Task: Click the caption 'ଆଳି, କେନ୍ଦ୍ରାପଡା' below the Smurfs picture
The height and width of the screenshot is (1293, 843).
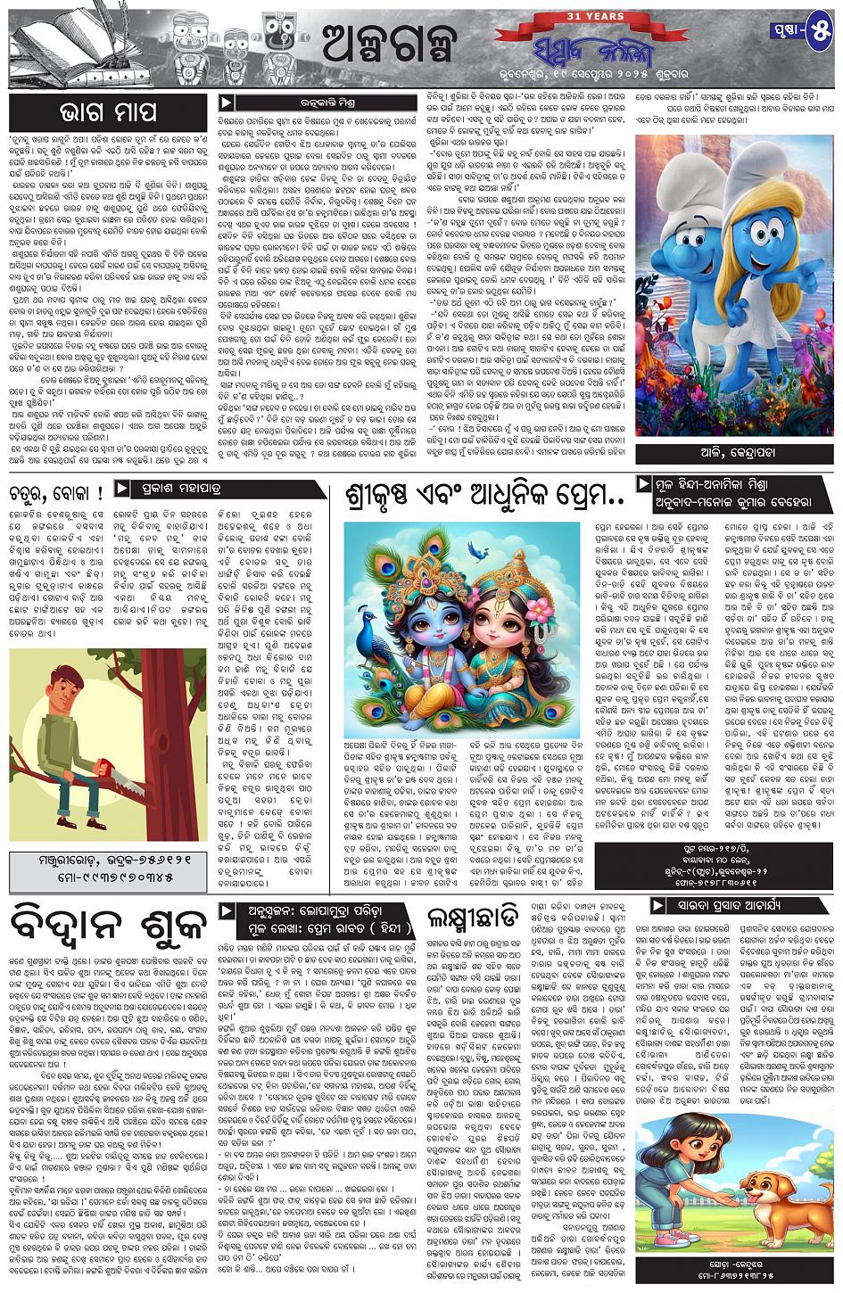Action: [737, 452]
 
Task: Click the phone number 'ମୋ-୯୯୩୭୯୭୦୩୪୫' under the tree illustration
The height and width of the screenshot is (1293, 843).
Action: [105, 877]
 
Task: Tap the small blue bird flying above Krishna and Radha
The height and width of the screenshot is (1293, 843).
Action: [481, 553]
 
